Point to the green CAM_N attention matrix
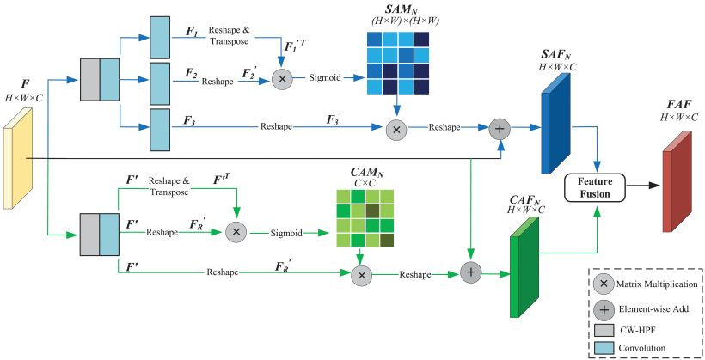[365, 220]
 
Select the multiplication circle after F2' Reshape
[281, 78]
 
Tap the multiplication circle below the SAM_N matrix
[396, 128]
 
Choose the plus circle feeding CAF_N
[470, 272]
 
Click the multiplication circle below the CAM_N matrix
[363, 274]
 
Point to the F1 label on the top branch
[192, 30]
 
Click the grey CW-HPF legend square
[605, 328]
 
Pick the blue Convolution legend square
[605, 346]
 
